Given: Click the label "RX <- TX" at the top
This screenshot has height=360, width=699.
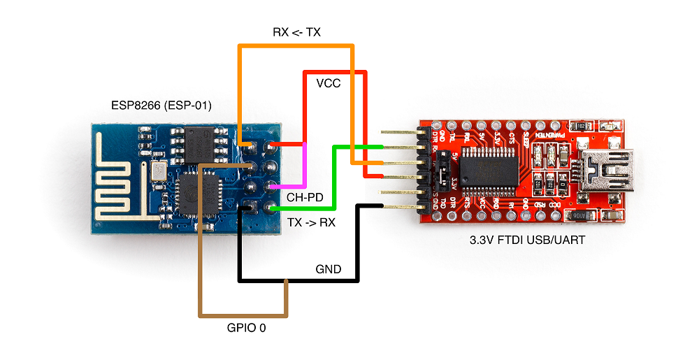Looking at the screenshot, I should [x=296, y=32].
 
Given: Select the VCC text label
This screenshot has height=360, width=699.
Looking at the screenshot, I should [x=329, y=83].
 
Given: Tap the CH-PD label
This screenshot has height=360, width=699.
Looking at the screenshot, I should [x=305, y=198].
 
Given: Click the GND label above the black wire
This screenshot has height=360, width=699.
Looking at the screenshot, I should [x=329, y=269].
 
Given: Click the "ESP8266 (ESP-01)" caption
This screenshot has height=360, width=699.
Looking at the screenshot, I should [x=161, y=106].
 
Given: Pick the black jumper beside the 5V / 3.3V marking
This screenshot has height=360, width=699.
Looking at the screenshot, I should [x=442, y=173].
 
